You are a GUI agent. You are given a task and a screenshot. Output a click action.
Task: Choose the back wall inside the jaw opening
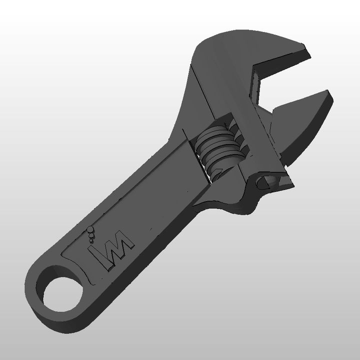click(x=257, y=87)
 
